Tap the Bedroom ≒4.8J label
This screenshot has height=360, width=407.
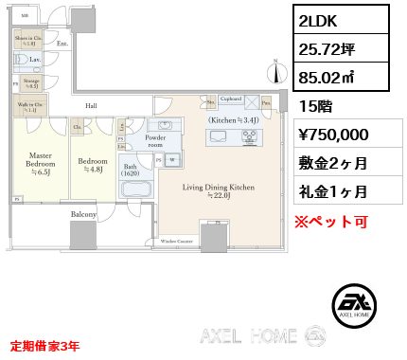(93, 165)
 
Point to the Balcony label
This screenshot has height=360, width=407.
(83, 215)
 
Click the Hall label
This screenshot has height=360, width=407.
(91, 105)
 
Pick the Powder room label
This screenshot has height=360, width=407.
(154, 141)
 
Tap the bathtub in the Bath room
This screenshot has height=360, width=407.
(135, 188)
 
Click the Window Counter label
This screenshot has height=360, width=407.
(177, 242)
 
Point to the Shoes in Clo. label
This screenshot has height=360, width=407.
(26, 41)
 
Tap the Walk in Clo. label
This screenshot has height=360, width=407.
(26, 107)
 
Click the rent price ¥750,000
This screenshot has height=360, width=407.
(333, 135)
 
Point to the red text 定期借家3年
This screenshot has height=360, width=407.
(44, 347)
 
